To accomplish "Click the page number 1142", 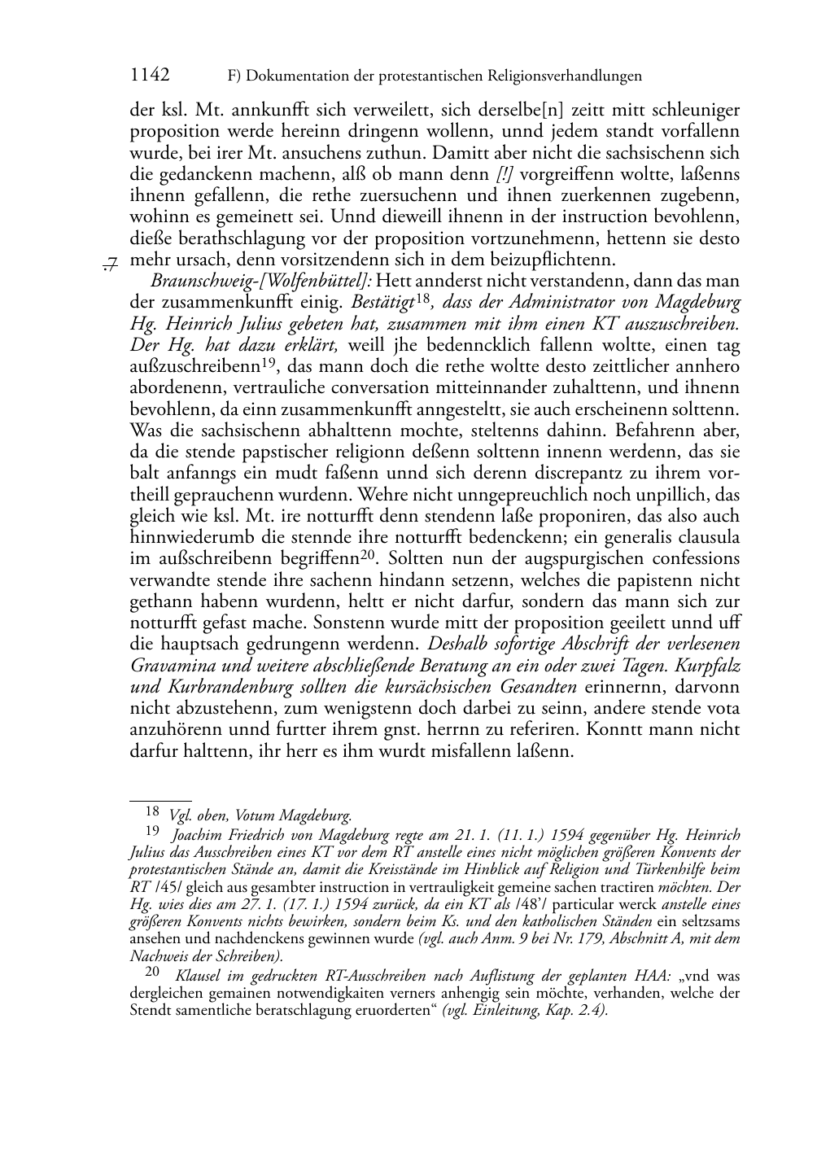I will [x=150, y=76].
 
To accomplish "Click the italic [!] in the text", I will [x=505, y=175].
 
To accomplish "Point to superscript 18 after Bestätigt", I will [x=422, y=299].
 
